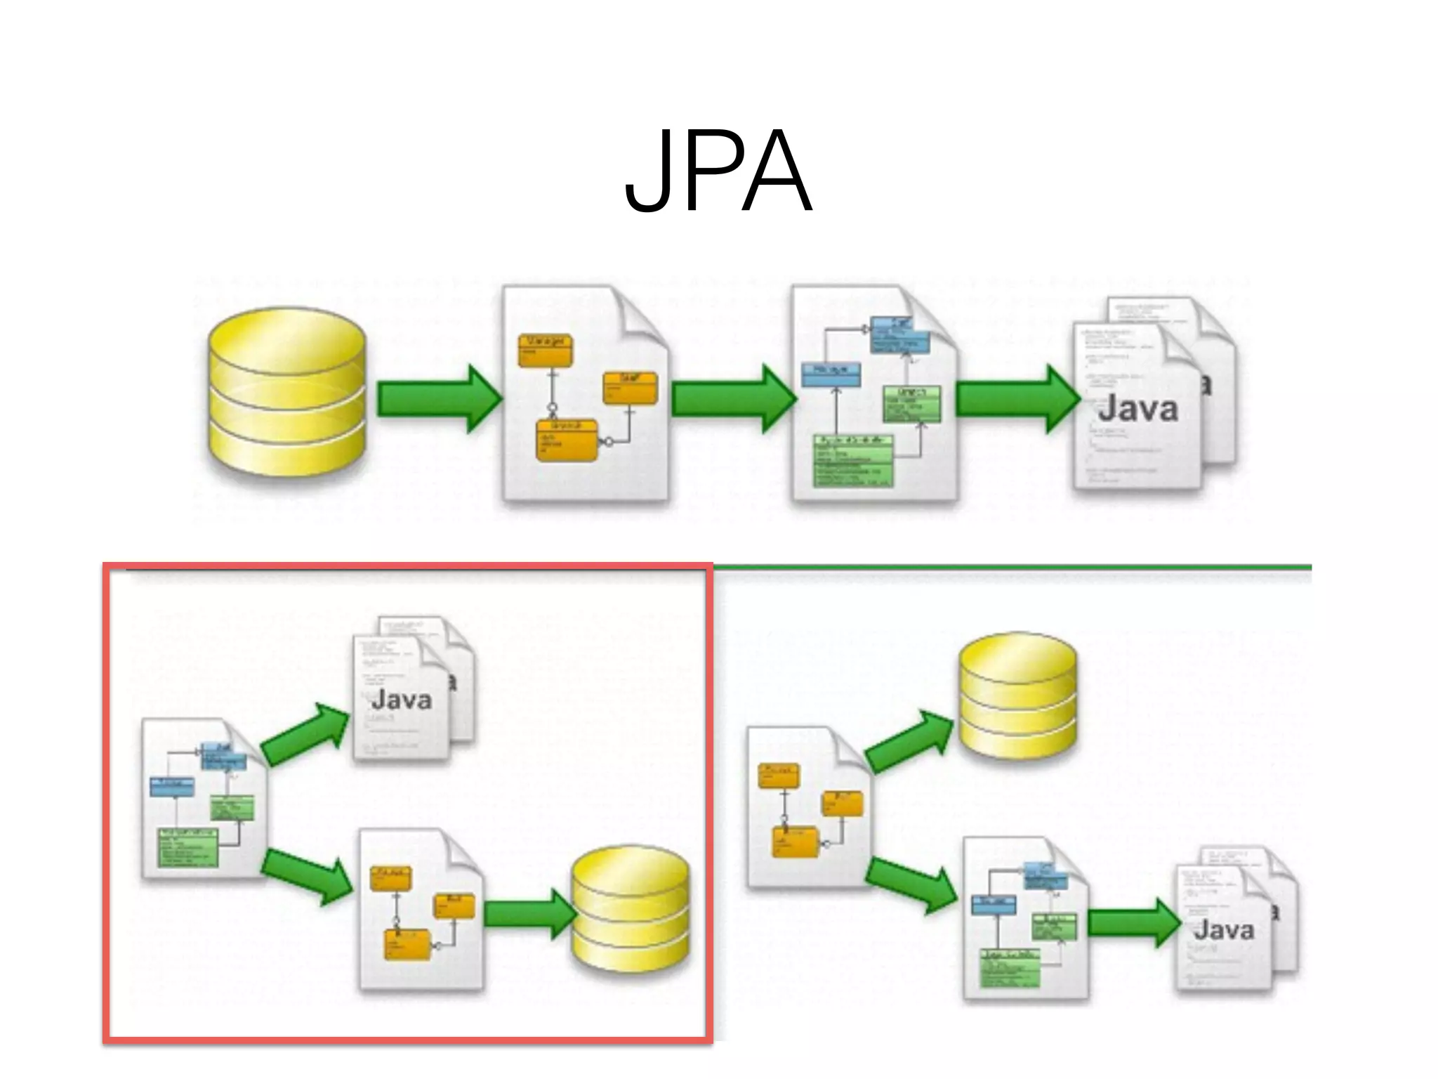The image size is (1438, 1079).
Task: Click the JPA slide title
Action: pyautogui.click(x=718, y=173)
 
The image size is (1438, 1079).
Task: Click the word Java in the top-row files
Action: pyautogui.click(x=1137, y=410)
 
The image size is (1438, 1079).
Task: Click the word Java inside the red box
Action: pyautogui.click(x=401, y=700)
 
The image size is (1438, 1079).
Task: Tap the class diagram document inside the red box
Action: pyautogui.click(x=202, y=799)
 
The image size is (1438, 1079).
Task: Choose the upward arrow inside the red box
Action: pyautogui.click(x=305, y=734)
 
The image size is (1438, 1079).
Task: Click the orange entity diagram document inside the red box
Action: pyautogui.click(x=420, y=910)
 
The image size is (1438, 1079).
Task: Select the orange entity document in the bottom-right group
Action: pyautogui.click(x=807, y=808)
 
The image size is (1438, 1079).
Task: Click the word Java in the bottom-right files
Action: pyautogui.click(x=1223, y=930)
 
